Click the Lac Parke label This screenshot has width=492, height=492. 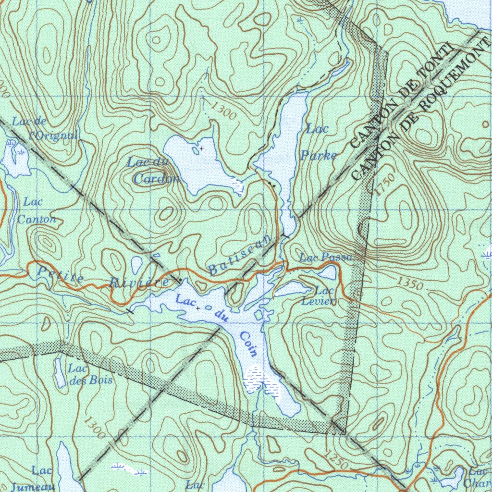[318, 142]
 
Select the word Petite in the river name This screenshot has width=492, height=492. [61, 275]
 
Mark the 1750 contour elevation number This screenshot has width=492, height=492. [384, 184]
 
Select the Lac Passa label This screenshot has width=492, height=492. [327, 258]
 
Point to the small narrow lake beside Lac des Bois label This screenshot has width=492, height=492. [59, 372]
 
